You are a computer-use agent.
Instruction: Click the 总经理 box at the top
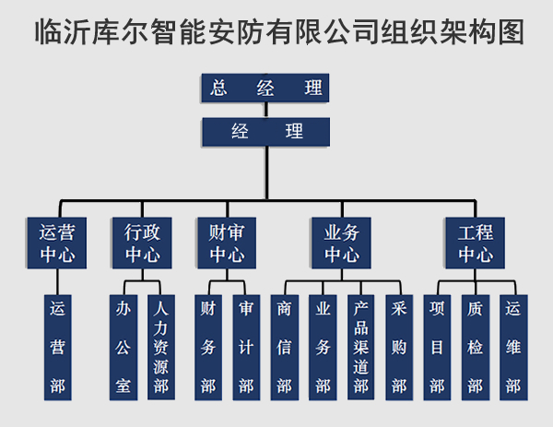coord(265,88)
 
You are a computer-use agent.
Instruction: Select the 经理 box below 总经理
coord(265,131)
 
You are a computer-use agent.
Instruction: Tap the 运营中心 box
coord(57,243)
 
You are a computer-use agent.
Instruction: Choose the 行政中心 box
coord(142,243)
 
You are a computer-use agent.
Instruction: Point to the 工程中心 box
coord(476,243)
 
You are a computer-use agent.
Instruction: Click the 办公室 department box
coord(123,346)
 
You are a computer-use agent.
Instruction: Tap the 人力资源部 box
coord(161,346)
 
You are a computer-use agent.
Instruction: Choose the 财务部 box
coord(207,346)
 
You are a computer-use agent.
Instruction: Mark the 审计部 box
coord(246,346)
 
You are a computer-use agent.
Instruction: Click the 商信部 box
coord(284,346)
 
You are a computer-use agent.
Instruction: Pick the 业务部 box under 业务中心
coord(323,346)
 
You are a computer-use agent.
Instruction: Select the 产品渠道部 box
coord(361,346)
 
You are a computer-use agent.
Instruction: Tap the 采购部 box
coord(399,346)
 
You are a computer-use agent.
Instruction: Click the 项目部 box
coord(437,346)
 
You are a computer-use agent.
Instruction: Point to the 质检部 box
coord(476,346)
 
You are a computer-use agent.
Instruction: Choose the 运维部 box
coord(513,346)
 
